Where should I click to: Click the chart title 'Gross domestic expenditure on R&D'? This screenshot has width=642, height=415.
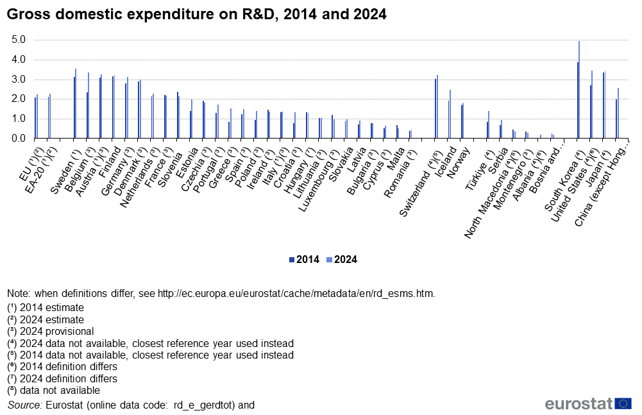(x=196, y=13)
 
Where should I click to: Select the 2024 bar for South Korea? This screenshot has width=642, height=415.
(x=579, y=90)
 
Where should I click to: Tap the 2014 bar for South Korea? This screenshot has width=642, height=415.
(x=577, y=100)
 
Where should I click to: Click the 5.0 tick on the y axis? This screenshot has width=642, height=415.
(x=19, y=40)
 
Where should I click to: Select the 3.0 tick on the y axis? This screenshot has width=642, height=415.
(x=19, y=80)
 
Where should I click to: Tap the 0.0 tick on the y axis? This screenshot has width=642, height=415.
(x=19, y=139)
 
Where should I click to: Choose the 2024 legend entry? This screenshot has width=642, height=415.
(x=341, y=260)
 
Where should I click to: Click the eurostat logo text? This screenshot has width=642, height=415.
(x=579, y=403)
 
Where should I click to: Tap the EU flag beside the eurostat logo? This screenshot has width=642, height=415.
(x=623, y=403)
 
